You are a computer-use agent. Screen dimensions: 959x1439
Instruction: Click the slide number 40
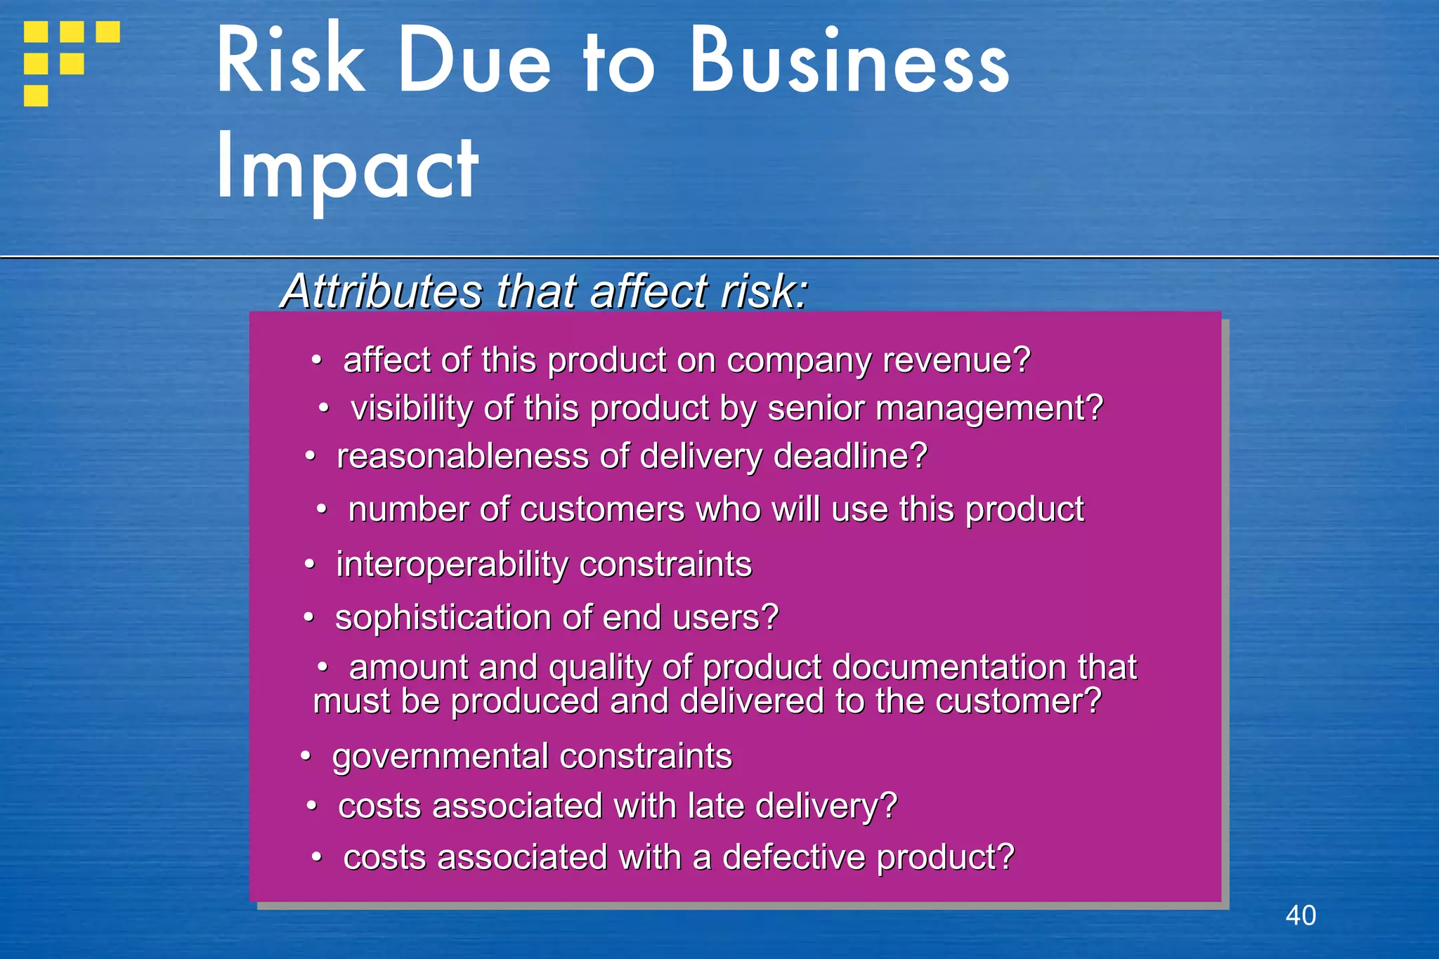1301,915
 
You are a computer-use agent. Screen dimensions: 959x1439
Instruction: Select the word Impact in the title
347,169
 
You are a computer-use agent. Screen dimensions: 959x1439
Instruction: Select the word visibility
411,408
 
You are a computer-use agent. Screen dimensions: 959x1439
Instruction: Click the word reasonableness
462,457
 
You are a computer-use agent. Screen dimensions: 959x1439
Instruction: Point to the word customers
602,509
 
